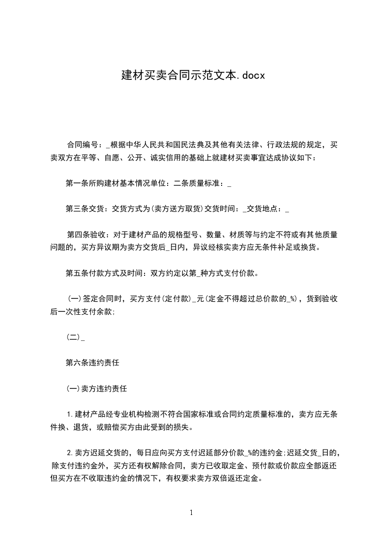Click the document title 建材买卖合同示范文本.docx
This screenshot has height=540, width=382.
pyautogui.click(x=191, y=76)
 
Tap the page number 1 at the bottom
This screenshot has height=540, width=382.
pyautogui.click(x=191, y=513)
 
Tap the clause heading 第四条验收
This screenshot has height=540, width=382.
pyautogui.click(x=87, y=235)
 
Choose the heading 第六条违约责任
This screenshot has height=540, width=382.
pyautogui.click(x=92, y=363)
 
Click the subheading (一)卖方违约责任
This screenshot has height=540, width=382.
pyautogui.click(x=96, y=389)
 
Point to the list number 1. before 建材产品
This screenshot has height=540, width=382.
pyautogui.click(x=70, y=415)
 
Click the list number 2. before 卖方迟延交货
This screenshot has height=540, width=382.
pyautogui.click(x=70, y=453)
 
